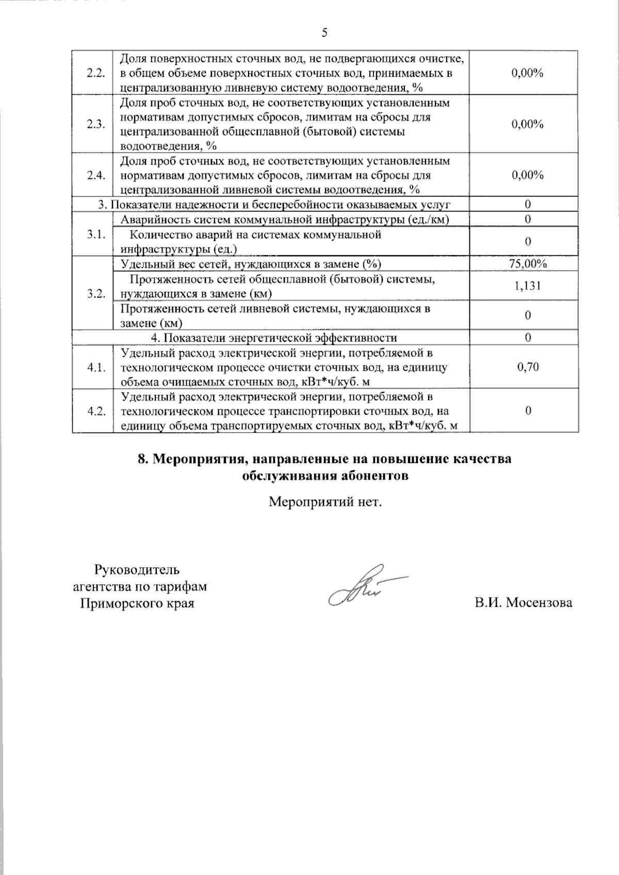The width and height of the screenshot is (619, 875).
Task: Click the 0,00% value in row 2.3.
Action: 527,124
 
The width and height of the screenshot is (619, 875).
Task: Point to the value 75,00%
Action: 527,264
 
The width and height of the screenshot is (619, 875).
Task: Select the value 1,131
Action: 527,286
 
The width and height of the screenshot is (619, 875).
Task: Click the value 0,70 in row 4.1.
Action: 527,367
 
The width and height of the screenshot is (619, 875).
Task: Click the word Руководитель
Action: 137,570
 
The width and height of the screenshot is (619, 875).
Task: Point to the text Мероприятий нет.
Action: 325,501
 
